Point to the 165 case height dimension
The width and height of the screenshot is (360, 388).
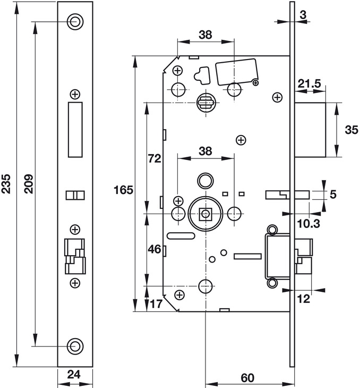click(123, 189)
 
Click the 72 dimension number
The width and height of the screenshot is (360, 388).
click(154, 158)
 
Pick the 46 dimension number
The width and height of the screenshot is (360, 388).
click(154, 248)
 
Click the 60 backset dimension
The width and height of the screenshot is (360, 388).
click(247, 378)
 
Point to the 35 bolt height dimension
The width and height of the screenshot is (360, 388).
click(351, 130)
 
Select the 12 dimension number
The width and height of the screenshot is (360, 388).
click(304, 299)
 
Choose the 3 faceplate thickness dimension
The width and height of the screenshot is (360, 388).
click(302, 15)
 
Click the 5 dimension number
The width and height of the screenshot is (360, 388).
click(333, 195)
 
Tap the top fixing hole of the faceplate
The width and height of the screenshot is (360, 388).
click(75, 21)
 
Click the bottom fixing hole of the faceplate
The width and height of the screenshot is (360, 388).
click(75, 346)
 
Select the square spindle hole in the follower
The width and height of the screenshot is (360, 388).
click(205, 214)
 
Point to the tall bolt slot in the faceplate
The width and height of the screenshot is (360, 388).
click(75, 130)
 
